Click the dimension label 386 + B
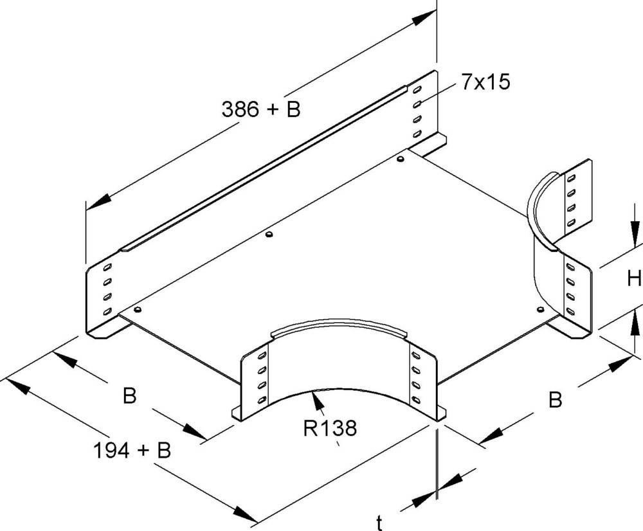tap(261, 110)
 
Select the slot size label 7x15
tap(483, 83)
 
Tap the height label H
tap(635, 278)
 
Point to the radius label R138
tap(330, 428)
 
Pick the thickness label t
tap(380, 522)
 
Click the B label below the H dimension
tap(555, 400)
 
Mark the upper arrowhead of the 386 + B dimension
tap(421, 19)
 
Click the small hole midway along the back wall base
tap(269, 234)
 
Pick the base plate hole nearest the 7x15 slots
tap(401, 158)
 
